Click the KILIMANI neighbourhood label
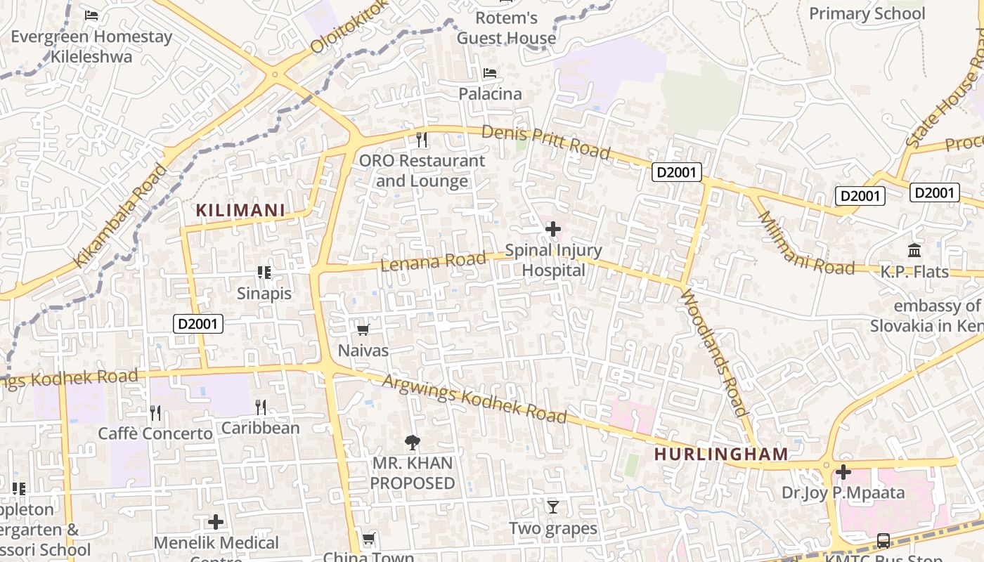(x=240, y=210)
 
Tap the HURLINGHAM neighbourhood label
(x=721, y=454)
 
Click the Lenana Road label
(x=433, y=262)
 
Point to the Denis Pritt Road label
(x=546, y=142)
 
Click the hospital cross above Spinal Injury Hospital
(x=553, y=228)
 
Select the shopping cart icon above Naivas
(x=363, y=329)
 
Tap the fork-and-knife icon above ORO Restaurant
(x=422, y=139)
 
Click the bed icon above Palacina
(x=490, y=73)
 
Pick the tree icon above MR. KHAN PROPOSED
(x=413, y=443)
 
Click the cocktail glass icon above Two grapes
(x=553, y=507)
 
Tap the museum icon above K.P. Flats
(x=914, y=250)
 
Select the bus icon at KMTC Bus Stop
(x=883, y=541)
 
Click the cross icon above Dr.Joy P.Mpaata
(x=843, y=471)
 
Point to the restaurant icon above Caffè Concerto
(x=155, y=412)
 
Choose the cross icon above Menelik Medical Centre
(x=216, y=522)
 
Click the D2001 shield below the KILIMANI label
(x=199, y=324)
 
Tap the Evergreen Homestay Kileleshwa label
(x=91, y=46)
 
